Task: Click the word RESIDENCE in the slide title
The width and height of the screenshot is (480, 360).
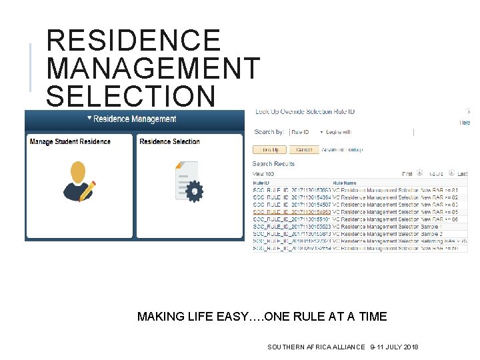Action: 133,41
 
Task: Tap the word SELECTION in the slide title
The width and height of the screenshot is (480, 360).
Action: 131,95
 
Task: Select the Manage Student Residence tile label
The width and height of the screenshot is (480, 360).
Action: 70,141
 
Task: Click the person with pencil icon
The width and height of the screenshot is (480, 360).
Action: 79,182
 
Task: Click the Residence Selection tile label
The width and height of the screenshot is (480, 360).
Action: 169,141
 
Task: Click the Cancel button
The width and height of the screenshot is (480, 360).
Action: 303,149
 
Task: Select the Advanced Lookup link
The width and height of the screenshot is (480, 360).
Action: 342,149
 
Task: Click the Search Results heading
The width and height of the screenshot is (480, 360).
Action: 273,163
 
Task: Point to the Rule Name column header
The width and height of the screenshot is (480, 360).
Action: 345,183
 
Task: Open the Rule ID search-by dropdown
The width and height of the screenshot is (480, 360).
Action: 306,132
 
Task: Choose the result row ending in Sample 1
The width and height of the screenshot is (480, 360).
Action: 360,227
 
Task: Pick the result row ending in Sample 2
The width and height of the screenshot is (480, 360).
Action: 360,234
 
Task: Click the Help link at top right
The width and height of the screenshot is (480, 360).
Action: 465,123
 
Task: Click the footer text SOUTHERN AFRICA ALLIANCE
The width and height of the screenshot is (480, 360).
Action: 316,347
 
